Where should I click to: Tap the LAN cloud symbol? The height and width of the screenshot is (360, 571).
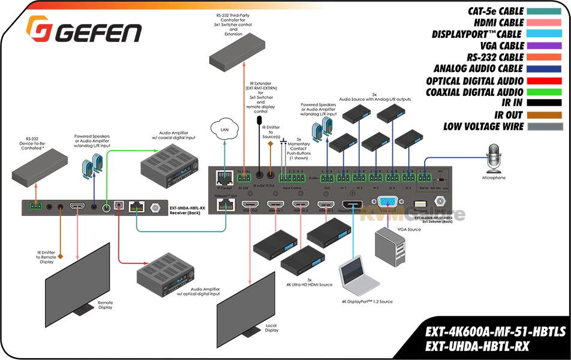tap(224, 128)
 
